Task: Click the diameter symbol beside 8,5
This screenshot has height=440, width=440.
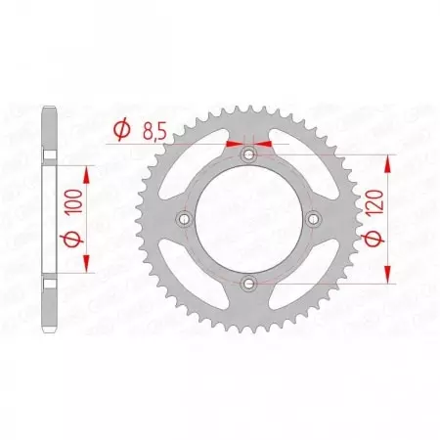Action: click(121, 127)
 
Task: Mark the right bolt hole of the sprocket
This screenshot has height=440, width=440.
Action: click(314, 219)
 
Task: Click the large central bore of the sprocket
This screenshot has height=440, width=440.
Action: click(249, 219)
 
